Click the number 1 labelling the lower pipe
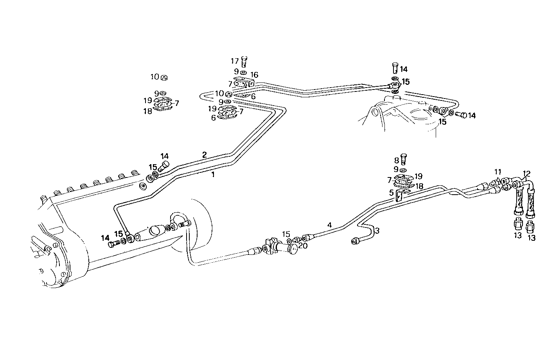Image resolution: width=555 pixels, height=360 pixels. [213, 175]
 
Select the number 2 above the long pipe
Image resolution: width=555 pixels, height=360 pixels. [204, 154]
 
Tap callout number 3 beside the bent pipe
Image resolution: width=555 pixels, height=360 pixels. [377, 231]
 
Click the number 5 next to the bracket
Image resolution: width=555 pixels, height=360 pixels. [391, 192]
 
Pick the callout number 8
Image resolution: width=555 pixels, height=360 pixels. [396, 160]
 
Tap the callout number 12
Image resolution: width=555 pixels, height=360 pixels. [527, 173]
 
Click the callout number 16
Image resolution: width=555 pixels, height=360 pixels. [254, 75]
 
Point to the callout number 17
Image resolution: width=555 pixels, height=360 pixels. [235, 61]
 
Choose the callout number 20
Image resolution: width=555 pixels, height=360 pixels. [303, 245]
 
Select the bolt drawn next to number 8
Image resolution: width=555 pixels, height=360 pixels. [405, 159]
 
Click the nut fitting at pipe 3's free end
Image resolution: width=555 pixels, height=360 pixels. [355, 241]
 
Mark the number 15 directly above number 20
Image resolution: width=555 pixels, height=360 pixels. [286, 234]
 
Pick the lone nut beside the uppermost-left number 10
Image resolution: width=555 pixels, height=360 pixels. [165, 77]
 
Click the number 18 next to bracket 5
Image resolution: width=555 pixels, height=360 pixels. [419, 186]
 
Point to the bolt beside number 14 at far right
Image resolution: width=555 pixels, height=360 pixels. [460, 115]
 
